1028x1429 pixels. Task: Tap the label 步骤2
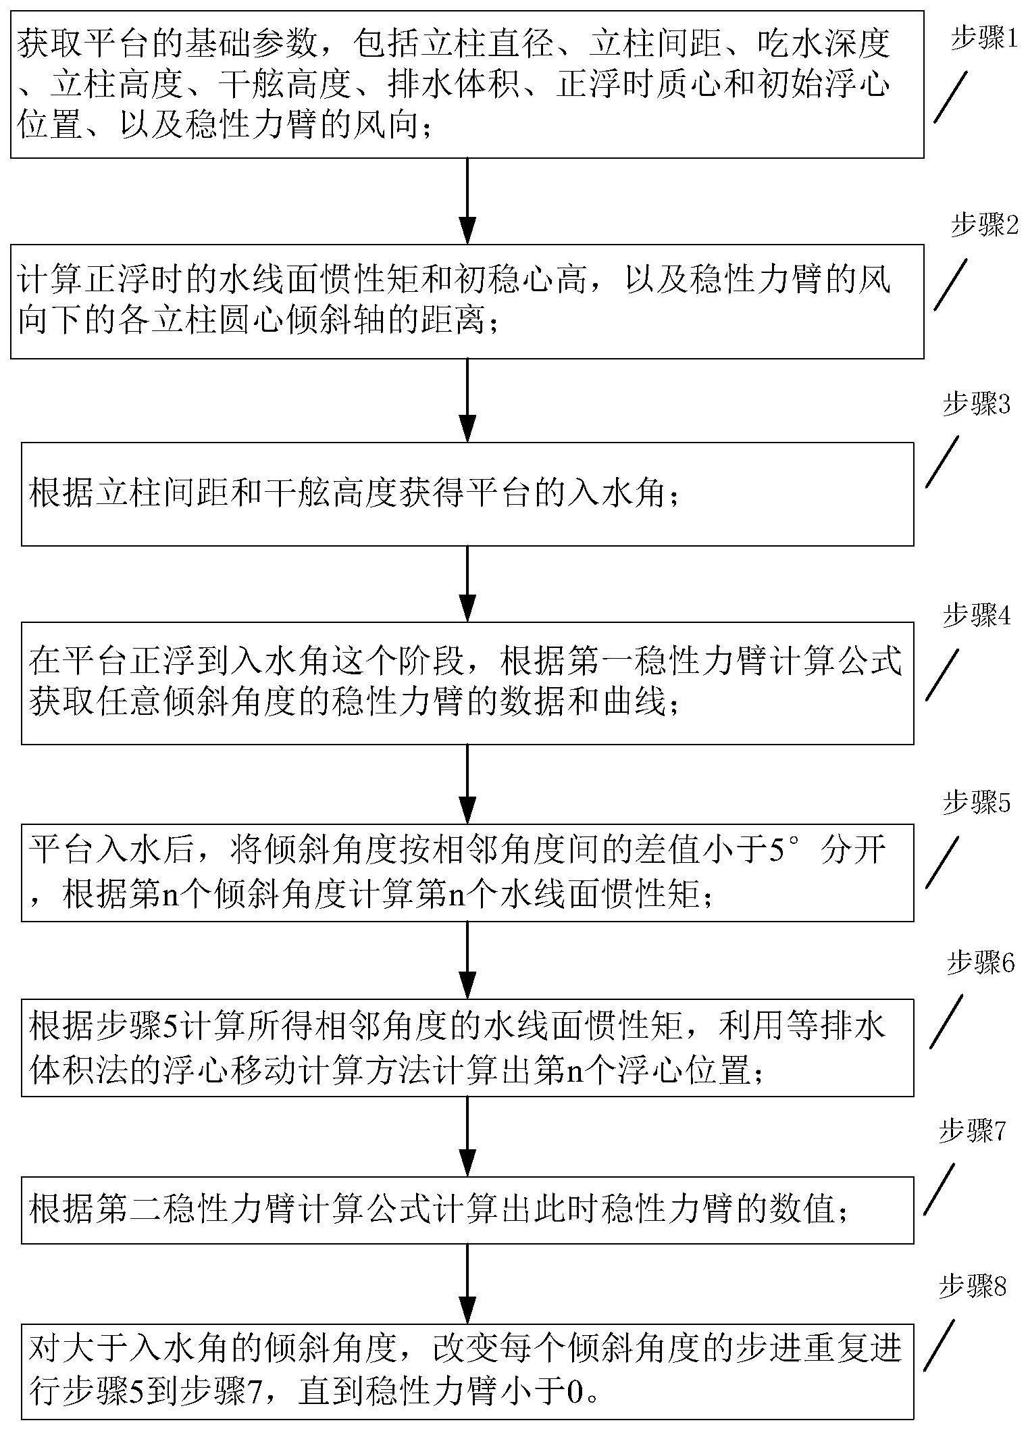click(983, 226)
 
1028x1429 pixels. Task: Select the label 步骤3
click(976, 406)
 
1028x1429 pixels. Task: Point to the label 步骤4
click(976, 617)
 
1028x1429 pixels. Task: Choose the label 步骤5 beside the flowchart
click(976, 803)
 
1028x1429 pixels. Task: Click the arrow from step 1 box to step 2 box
click(467, 201)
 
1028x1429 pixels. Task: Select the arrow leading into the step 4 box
click(467, 584)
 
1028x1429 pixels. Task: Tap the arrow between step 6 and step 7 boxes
click(467, 1135)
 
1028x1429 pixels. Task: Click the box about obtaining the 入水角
click(467, 494)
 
